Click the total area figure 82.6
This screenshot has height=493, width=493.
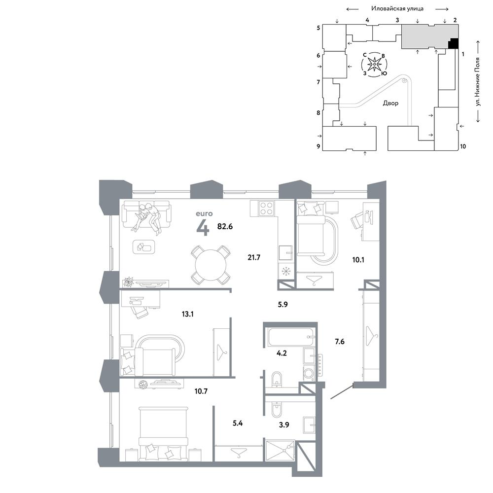point(225,226)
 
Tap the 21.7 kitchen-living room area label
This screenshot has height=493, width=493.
point(254,257)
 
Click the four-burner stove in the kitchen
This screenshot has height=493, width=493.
point(266,208)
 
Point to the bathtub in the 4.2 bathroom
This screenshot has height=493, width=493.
point(291,337)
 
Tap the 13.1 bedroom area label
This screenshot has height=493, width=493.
point(187,314)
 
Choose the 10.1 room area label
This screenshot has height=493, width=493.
point(358,260)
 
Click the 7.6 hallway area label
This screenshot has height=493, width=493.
point(340,341)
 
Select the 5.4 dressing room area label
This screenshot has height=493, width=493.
point(238,423)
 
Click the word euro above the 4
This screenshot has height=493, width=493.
point(204,214)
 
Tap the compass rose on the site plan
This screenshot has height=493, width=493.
point(374,65)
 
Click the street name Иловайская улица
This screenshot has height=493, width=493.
point(397,9)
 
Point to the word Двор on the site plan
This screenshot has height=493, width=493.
point(390,103)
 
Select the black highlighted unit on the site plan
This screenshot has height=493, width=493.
point(453,43)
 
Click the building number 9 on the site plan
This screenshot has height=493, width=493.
point(318,146)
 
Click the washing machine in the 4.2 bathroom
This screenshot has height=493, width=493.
point(309,373)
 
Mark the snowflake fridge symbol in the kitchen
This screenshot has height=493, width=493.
point(286,271)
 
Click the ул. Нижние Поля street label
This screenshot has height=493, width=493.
point(478,82)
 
